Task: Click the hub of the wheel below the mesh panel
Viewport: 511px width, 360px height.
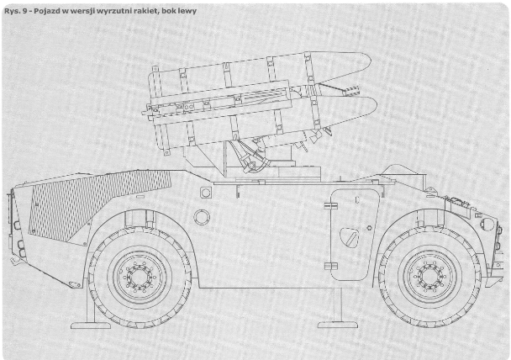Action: tap(140, 278)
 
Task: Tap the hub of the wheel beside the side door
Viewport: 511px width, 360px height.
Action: tap(429, 277)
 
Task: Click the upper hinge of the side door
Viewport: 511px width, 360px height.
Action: tap(330, 206)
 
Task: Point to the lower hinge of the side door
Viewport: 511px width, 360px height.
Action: tap(330, 266)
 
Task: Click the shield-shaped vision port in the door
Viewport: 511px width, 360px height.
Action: tap(349, 237)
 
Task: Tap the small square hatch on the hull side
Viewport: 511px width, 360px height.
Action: tap(206, 193)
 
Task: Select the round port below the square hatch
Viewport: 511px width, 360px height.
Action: tap(202, 217)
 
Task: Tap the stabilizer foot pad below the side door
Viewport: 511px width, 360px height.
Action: tap(338, 325)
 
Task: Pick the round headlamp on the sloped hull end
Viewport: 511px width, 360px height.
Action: tap(487, 225)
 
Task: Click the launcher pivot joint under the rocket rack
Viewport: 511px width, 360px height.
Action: tap(251, 166)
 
